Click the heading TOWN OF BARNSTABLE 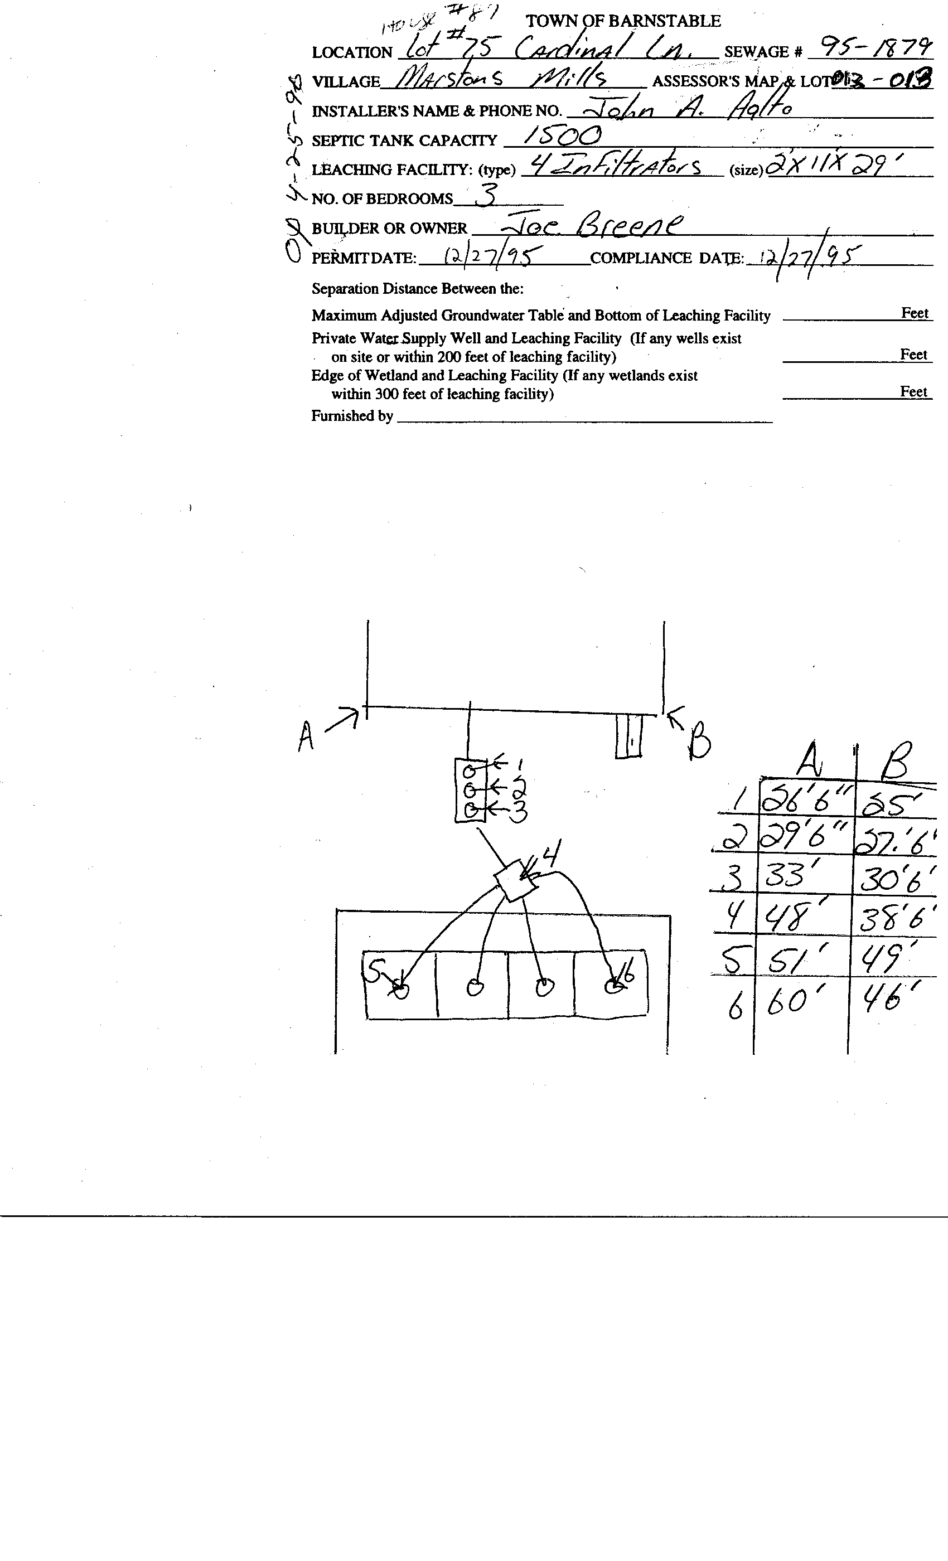point(623,22)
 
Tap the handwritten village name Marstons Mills point(501,79)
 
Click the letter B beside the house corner point(700,744)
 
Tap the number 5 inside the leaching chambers point(376,969)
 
